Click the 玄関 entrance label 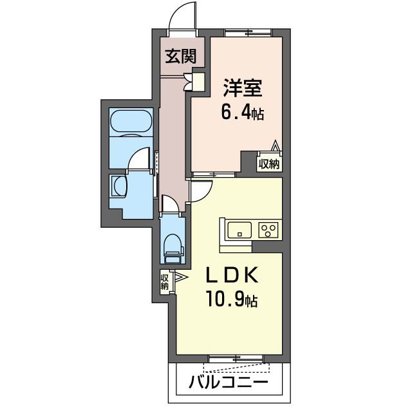pyautogui.click(x=180, y=57)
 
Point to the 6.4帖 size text pyautogui.click(x=243, y=113)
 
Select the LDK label pyautogui.click(x=232, y=276)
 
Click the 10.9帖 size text pyautogui.click(x=232, y=300)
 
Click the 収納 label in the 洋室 pyautogui.click(x=270, y=164)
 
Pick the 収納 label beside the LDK pyautogui.click(x=164, y=281)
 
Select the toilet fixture pyautogui.click(x=173, y=247)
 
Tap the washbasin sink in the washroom pyautogui.click(x=119, y=187)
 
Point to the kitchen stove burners pyautogui.click(x=268, y=229)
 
